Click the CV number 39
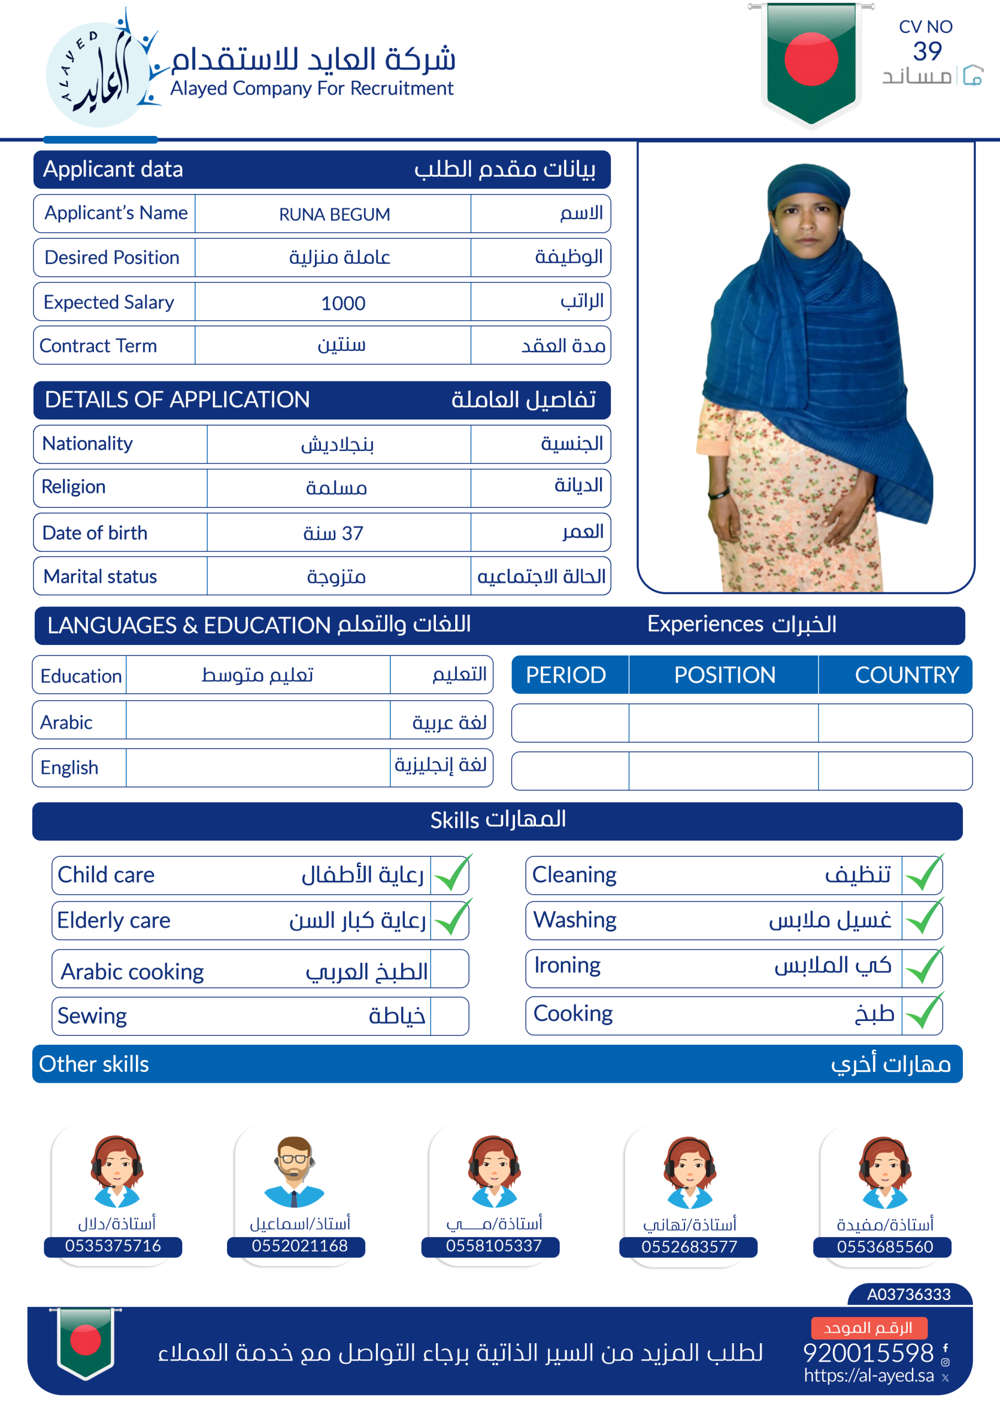tap(927, 51)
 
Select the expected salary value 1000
tap(343, 303)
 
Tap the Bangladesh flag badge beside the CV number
tap(811, 61)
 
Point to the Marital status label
tap(101, 577)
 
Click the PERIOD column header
tap(566, 675)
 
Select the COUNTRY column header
tap(906, 675)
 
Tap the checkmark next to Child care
tap(451, 874)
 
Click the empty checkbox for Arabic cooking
tap(449, 969)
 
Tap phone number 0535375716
tap(113, 1246)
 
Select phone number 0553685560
tap(884, 1248)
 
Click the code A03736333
tap(909, 1294)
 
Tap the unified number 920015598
tap(868, 1354)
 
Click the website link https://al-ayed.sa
tap(869, 1376)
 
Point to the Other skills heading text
tap(94, 1065)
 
